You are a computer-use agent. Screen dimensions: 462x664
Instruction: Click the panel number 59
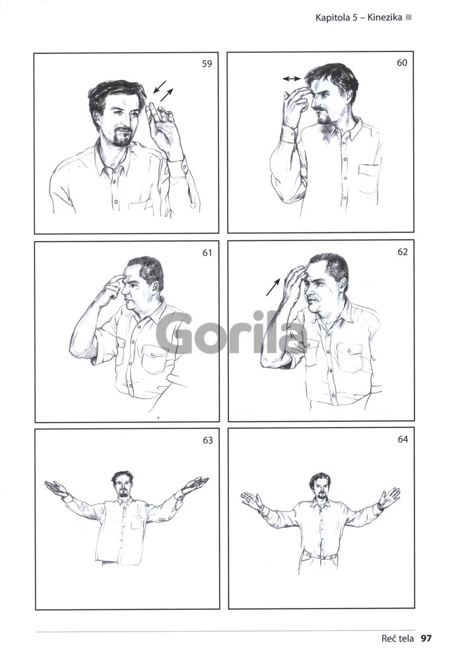pos(207,64)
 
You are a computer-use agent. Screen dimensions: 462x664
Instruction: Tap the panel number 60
pos(402,63)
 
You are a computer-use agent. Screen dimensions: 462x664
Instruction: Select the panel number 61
pos(207,253)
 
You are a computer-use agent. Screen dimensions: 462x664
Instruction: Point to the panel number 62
pos(403,252)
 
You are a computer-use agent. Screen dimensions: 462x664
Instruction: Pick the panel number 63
pos(207,440)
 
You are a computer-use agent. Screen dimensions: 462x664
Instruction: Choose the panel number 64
pos(403,440)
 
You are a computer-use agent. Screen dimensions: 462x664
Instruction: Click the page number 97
pos(426,638)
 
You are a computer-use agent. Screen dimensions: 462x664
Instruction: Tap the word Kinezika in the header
pos(385,17)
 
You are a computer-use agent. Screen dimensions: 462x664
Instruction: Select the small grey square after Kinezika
pos(409,17)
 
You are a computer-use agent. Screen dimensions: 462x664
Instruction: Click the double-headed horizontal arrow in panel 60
pos(291,79)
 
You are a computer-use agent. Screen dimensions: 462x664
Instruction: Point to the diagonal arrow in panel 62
pos(273,286)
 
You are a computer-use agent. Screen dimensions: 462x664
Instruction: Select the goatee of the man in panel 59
pos(122,138)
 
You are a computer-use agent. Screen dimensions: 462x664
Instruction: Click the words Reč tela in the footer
pos(397,638)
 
